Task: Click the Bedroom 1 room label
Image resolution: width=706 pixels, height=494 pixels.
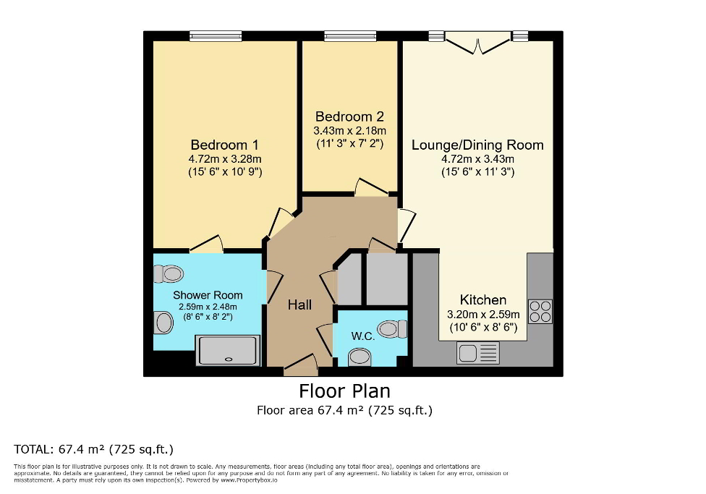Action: click(x=224, y=144)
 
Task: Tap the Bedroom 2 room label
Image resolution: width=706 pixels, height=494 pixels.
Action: click(x=349, y=116)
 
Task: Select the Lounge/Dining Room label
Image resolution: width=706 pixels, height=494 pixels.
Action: click(x=477, y=145)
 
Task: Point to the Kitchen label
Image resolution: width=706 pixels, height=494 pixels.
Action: click(x=483, y=299)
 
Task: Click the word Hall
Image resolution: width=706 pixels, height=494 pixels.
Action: click(x=299, y=305)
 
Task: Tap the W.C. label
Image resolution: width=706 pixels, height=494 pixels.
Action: click(x=362, y=336)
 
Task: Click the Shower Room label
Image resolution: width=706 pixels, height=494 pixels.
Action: click(x=208, y=295)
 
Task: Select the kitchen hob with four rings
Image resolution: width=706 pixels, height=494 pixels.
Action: click(x=540, y=311)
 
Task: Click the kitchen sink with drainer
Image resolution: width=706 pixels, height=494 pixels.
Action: click(x=478, y=353)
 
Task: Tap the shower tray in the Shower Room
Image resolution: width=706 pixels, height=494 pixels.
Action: click(x=228, y=352)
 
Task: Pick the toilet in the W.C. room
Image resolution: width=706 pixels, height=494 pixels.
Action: click(x=392, y=329)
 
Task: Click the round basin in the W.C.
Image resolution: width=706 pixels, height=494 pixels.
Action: click(x=360, y=357)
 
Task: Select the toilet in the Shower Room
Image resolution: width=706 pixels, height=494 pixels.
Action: click(x=168, y=273)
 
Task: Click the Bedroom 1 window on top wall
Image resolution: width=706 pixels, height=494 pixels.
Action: click(x=216, y=35)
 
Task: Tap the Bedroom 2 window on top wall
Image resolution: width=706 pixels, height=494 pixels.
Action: click(x=350, y=35)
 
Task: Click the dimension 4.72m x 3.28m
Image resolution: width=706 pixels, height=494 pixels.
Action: click(x=224, y=159)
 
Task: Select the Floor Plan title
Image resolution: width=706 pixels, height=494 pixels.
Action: click(x=344, y=391)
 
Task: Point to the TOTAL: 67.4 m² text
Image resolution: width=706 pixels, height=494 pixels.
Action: click(x=94, y=448)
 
